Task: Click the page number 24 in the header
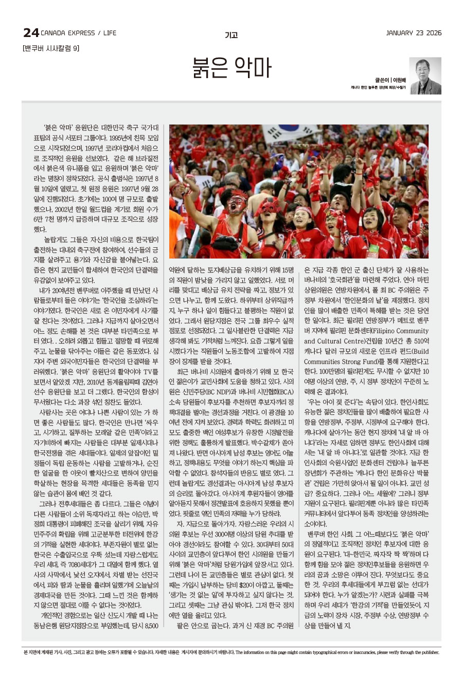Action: [x=30, y=33]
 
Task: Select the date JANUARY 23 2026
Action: [x=414, y=33]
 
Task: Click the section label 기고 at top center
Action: [x=231, y=35]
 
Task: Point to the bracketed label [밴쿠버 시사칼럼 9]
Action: [x=51, y=48]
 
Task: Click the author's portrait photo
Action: [x=425, y=76]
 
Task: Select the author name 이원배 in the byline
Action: [x=399, y=80]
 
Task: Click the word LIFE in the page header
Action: [x=110, y=33]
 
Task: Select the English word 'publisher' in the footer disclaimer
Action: [x=429, y=652]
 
